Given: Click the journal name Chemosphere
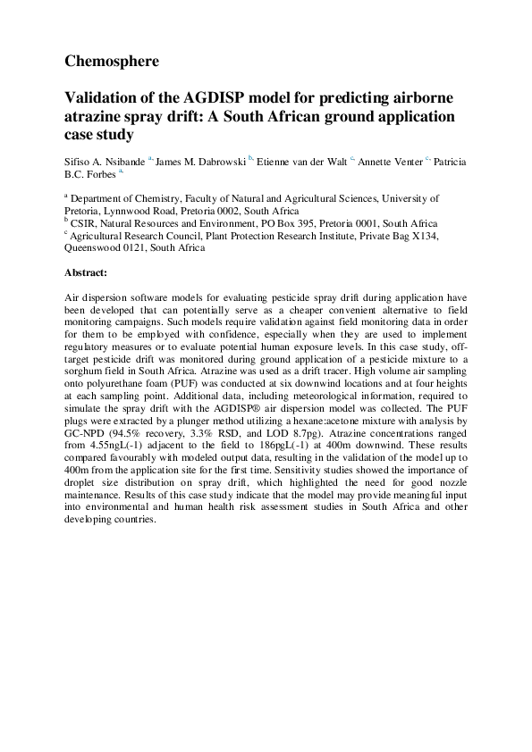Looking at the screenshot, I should tap(112, 62).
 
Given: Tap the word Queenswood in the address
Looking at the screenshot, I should tap(96, 247).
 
